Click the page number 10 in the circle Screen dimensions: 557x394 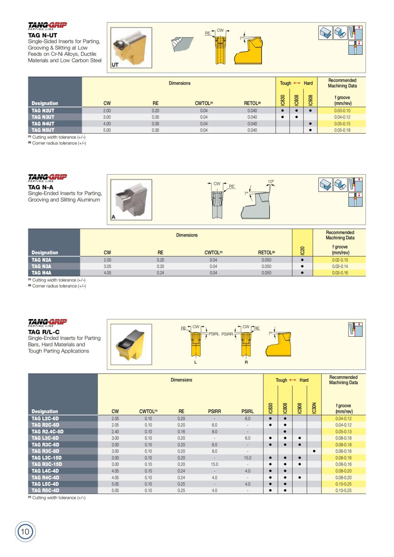[25, 531]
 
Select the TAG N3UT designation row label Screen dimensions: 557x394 [43, 117]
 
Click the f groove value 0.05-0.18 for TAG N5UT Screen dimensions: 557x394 [342, 130]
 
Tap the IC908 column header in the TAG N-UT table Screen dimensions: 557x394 [310, 100]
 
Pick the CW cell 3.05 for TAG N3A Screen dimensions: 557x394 [107, 267]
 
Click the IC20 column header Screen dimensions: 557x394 [302, 250]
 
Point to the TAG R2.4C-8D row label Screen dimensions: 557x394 [48, 432]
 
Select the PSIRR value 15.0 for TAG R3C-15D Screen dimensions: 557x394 [214, 464]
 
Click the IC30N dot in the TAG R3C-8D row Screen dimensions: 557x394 [314, 451]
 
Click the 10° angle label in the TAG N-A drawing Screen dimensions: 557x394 [271, 182]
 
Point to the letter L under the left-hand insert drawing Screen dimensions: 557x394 [196, 362]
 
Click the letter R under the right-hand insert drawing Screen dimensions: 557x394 [246, 362]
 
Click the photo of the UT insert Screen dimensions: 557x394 [131, 48]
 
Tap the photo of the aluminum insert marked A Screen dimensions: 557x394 [131, 200]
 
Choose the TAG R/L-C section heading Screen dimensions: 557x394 [44, 332]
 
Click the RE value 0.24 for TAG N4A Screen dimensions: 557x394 [160, 273]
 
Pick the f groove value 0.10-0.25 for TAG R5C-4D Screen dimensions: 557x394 [343, 491]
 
